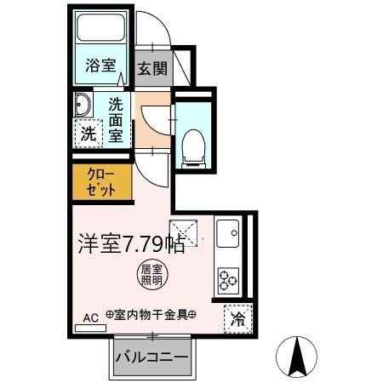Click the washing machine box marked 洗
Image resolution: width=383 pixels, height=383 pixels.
[x=87, y=133]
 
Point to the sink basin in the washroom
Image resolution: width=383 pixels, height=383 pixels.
[x=83, y=106]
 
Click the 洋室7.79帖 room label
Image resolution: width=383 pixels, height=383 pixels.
[x=131, y=243]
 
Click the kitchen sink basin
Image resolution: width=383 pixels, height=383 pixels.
[x=227, y=232]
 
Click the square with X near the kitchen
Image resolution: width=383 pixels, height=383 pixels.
[x=183, y=230]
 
